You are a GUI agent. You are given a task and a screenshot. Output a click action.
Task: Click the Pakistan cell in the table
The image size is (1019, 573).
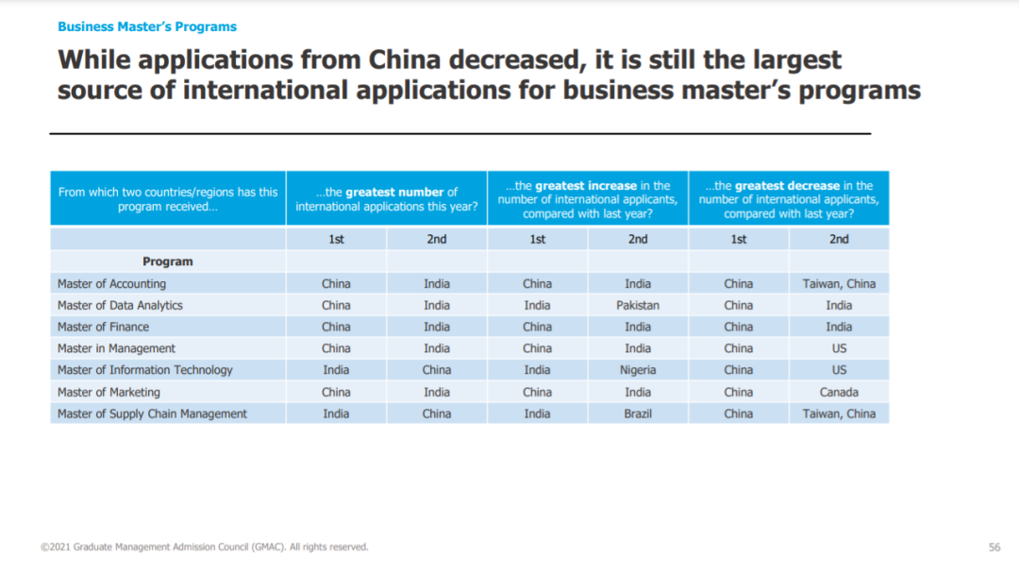click(638, 305)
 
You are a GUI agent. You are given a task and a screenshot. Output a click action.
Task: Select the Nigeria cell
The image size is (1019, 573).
click(638, 370)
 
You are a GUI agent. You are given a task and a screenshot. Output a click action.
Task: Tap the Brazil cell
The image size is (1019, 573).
click(638, 413)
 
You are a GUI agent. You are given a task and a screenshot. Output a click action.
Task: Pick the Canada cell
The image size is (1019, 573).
click(839, 392)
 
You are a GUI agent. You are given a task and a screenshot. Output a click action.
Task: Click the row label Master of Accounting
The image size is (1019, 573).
click(111, 283)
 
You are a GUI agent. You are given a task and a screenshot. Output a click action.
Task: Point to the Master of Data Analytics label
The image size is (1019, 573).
click(120, 305)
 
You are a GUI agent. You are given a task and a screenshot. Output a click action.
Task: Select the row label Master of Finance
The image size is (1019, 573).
click(103, 327)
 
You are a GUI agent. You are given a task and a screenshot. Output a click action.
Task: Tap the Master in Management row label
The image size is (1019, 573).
click(116, 348)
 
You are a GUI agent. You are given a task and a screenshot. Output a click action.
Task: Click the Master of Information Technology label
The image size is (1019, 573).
click(144, 370)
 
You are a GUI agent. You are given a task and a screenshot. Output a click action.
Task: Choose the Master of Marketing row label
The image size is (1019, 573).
click(109, 392)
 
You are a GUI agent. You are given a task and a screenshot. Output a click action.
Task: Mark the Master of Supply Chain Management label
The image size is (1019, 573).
click(152, 413)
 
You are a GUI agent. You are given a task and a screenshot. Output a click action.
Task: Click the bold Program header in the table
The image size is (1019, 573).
click(168, 261)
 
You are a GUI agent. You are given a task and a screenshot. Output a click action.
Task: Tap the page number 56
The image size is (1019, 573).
click(994, 548)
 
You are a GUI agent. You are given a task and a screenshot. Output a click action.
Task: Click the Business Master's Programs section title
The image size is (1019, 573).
click(147, 26)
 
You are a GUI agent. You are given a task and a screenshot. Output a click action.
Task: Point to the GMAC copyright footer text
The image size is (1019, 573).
click(205, 548)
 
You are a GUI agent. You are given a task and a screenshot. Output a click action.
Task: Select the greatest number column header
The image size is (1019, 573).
click(387, 199)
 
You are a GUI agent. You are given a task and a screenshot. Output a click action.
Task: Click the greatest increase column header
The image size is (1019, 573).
click(588, 199)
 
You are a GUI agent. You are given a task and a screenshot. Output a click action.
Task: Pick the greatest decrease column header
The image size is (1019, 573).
click(789, 199)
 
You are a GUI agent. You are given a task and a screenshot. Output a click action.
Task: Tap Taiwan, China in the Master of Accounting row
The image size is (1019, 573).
click(839, 283)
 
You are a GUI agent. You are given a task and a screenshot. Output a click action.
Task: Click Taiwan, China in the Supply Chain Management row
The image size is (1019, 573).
click(839, 413)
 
